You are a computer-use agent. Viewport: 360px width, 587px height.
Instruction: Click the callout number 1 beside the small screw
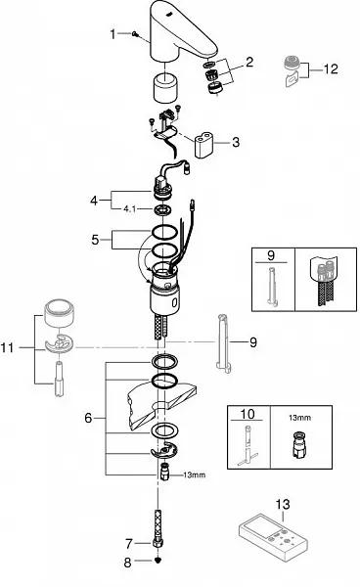click(x=112, y=34)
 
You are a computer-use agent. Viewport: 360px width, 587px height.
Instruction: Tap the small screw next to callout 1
click(x=135, y=34)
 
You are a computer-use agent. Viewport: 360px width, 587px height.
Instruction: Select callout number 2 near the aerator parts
click(x=249, y=62)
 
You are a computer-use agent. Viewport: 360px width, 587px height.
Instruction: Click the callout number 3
click(x=236, y=142)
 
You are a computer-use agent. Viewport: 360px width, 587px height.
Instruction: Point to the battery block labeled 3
click(x=203, y=145)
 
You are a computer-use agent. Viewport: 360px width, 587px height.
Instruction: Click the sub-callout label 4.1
click(x=129, y=209)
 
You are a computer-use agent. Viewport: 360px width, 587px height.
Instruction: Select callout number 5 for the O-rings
click(x=96, y=240)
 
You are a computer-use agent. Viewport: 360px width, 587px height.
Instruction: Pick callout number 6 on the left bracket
click(x=88, y=418)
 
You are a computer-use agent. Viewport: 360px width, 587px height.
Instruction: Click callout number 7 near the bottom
click(x=129, y=543)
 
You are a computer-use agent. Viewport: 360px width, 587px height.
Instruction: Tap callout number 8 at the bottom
click(x=128, y=563)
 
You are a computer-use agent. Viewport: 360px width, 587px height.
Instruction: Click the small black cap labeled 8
click(x=157, y=561)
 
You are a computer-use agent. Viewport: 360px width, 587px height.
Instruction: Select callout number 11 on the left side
click(x=8, y=347)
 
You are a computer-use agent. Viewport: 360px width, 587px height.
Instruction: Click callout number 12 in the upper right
click(x=331, y=68)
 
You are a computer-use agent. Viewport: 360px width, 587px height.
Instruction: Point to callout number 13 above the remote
click(x=283, y=504)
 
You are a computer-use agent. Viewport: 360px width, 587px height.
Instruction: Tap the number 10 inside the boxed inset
click(x=247, y=414)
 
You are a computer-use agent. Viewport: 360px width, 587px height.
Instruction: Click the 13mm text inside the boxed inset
click(x=299, y=418)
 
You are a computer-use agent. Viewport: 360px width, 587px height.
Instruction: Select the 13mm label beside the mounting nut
click(x=195, y=475)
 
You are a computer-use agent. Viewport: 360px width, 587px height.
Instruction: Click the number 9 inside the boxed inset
click(x=271, y=255)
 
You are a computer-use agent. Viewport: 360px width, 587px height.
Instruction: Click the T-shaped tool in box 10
click(x=247, y=446)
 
